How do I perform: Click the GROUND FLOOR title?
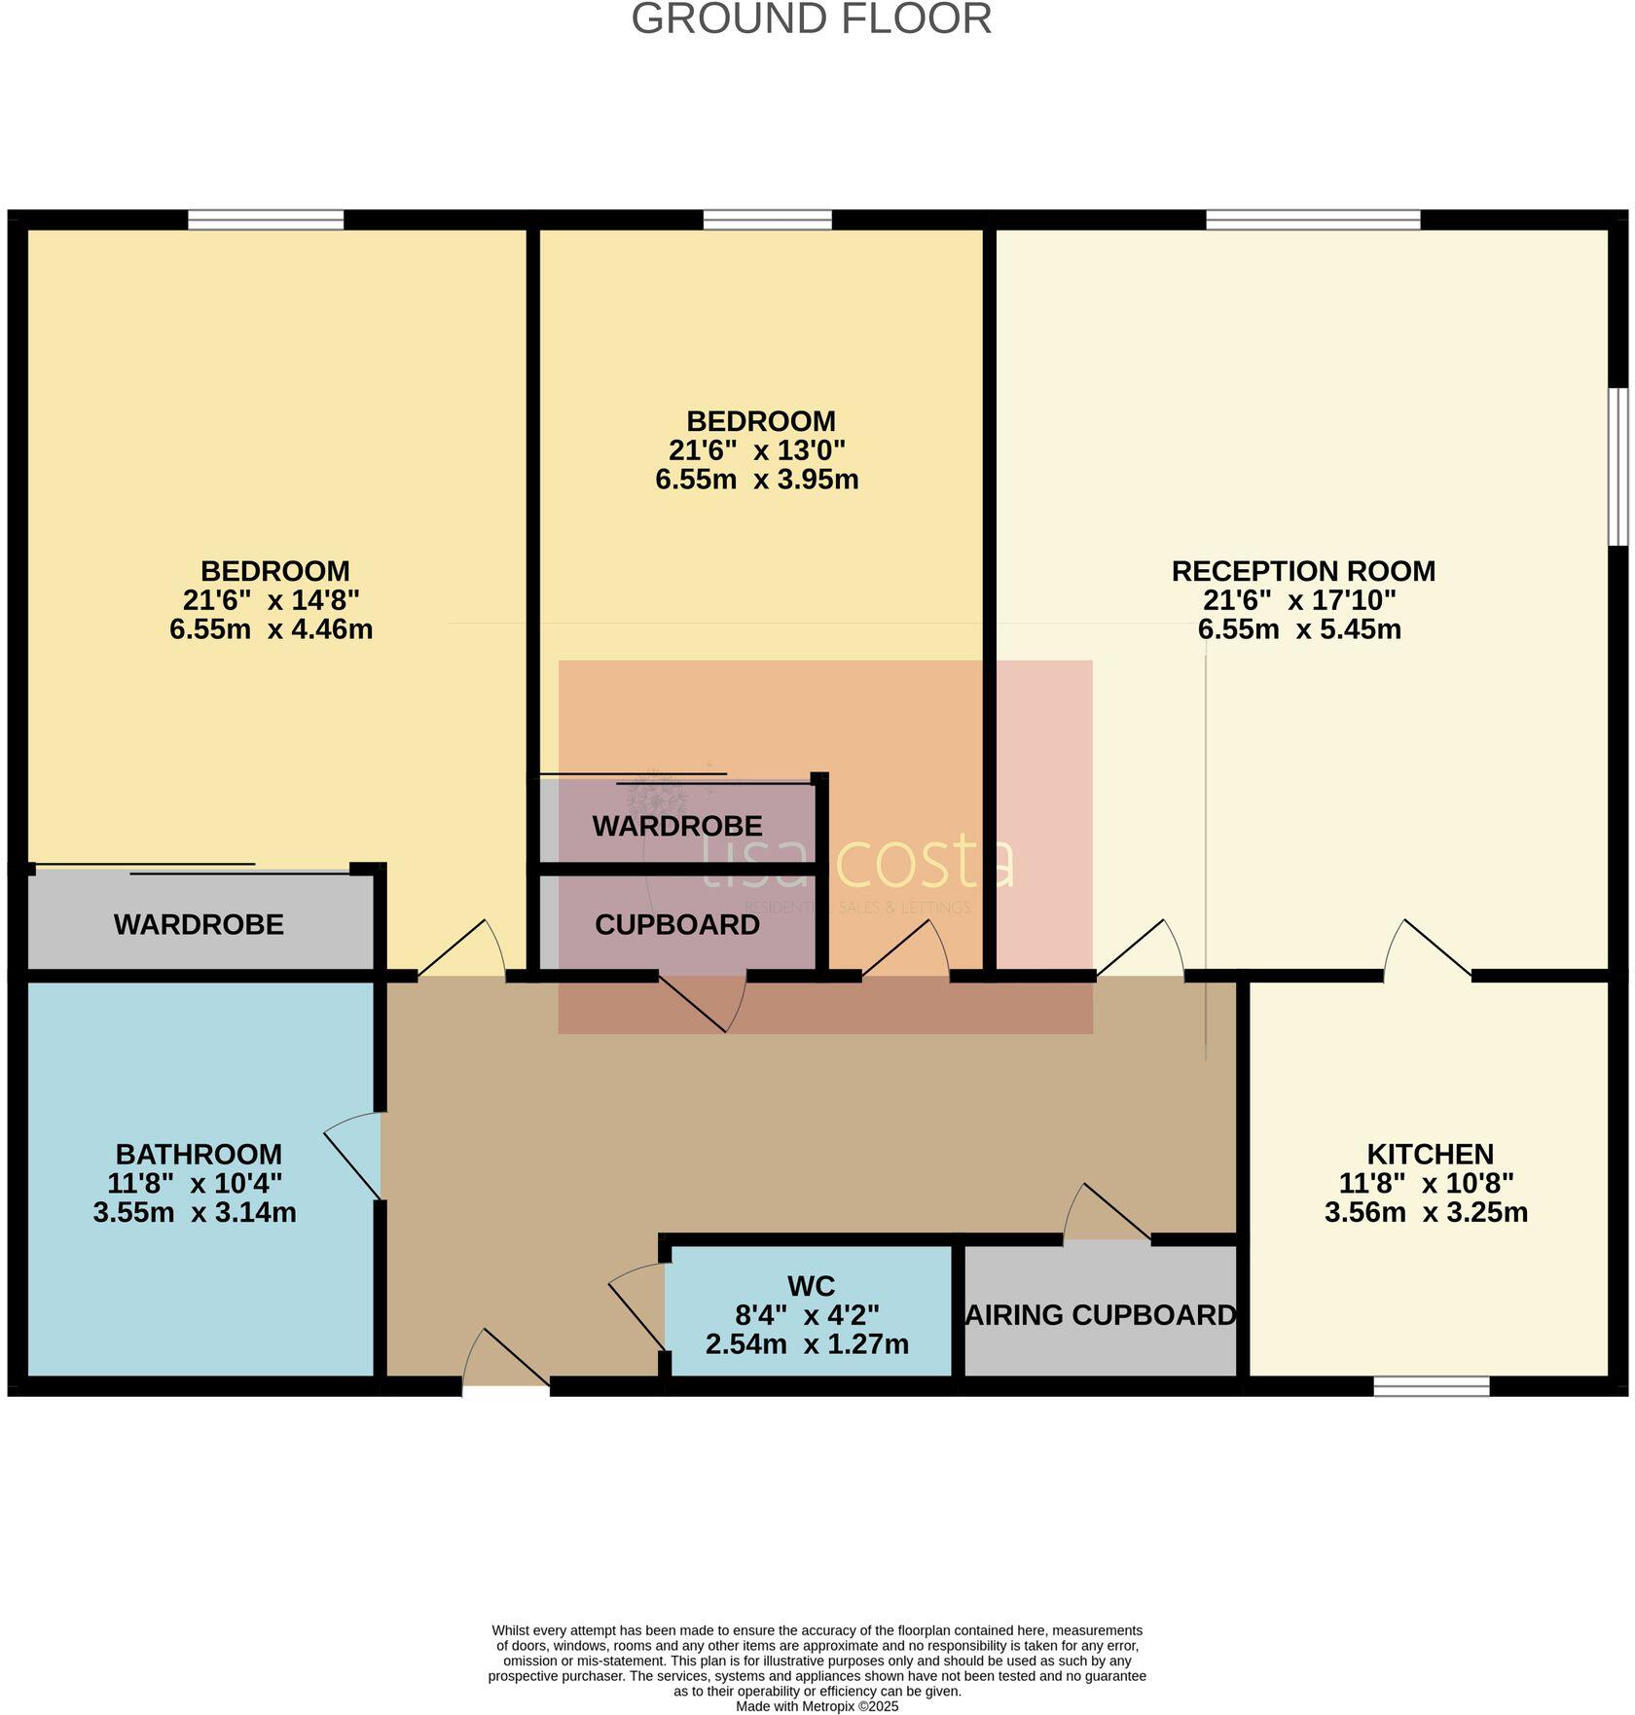pyautogui.click(x=811, y=19)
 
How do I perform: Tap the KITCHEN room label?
pyautogui.click(x=1429, y=1155)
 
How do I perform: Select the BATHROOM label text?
pyautogui.click(x=199, y=1155)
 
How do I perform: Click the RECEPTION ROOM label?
pyautogui.click(x=1302, y=571)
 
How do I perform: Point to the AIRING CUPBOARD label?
pyautogui.click(x=1100, y=1315)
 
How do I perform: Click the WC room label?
pyautogui.click(x=811, y=1286)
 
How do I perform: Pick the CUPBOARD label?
pyautogui.click(x=677, y=925)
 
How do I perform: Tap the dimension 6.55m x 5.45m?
pyautogui.click(x=1298, y=629)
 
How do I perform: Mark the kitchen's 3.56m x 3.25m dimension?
pyautogui.click(x=1425, y=1213)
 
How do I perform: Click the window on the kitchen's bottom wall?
pyautogui.click(x=1431, y=1386)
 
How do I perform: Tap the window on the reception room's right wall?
pyautogui.click(x=1617, y=467)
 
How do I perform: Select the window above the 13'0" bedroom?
pyautogui.click(x=767, y=220)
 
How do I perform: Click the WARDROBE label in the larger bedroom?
pyautogui.click(x=199, y=925)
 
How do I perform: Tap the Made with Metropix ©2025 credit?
pyautogui.click(x=817, y=1706)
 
